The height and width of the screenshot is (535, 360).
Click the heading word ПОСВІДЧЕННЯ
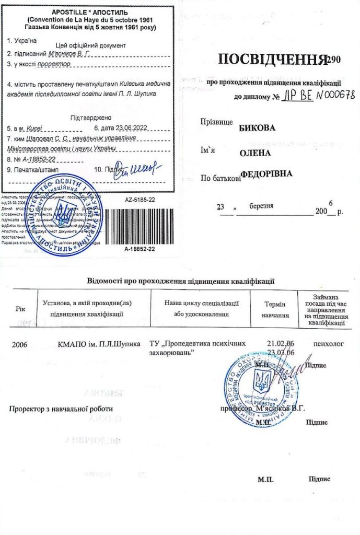click(x=271, y=60)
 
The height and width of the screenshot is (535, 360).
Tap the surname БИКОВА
click(x=257, y=127)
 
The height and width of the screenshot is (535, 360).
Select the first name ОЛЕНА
click(x=255, y=153)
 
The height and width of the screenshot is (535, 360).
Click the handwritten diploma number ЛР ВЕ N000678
click(x=316, y=96)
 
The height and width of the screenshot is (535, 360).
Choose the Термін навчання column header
click(x=275, y=309)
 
